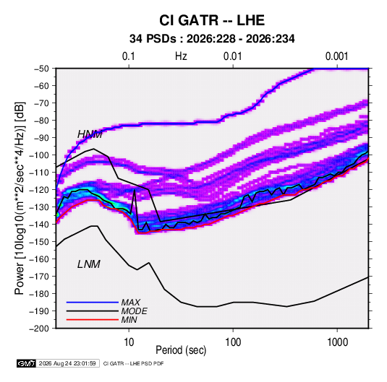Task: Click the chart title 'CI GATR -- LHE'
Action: (212, 20)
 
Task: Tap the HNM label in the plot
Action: (90, 134)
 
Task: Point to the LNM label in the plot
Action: (88, 264)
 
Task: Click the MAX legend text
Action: (130, 302)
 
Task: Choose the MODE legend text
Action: (134, 311)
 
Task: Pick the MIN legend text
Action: (129, 320)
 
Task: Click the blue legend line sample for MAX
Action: (93, 302)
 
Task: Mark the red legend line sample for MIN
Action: (93, 320)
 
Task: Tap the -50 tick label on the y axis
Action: (41, 69)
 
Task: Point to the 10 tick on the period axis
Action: (129, 342)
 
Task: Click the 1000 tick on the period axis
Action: (337, 342)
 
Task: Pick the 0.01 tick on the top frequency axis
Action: (232, 56)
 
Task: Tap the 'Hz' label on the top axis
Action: (181, 56)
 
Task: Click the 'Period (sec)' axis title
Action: (181, 350)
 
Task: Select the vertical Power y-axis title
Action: (20, 198)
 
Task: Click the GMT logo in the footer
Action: (26, 363)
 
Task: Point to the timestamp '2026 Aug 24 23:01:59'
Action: (67, 363)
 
